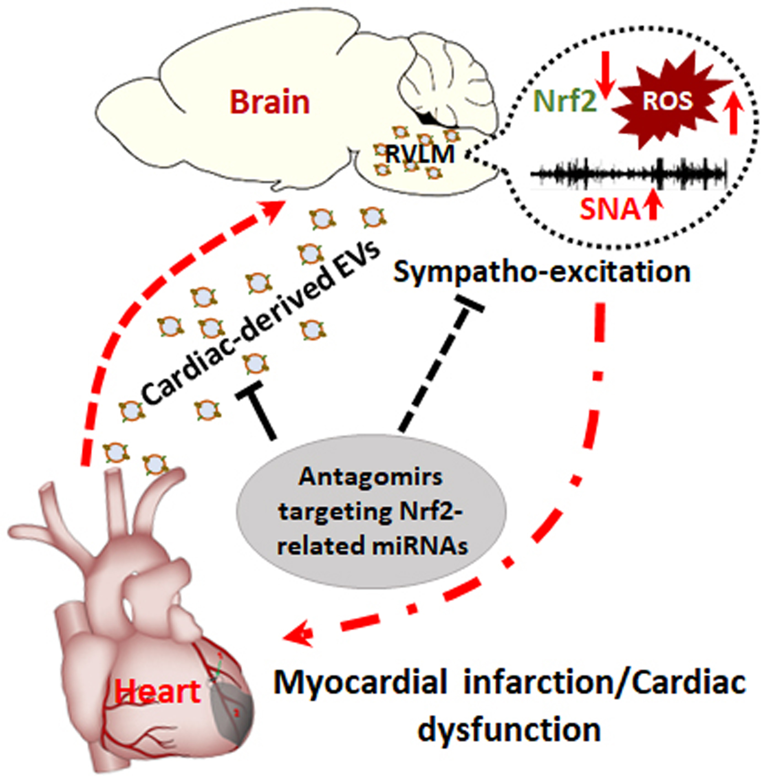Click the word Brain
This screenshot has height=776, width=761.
click(270, 102)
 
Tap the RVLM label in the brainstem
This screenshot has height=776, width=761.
click(420, 154)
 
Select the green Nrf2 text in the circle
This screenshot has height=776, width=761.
click(565, 101)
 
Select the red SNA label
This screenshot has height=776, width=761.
click(609, 210)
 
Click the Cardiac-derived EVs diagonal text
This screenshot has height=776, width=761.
click(260, 328)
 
